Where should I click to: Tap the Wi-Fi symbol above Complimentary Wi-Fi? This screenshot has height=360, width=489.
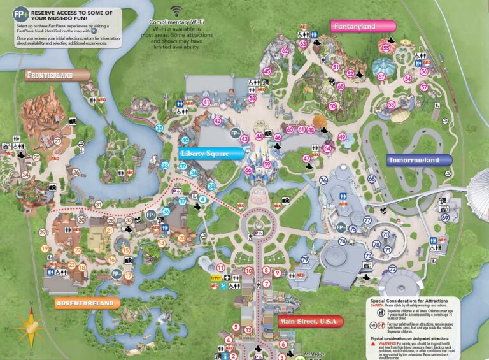176,11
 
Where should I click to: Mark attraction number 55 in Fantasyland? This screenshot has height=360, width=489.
386,48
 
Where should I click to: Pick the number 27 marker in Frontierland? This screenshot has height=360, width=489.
57,141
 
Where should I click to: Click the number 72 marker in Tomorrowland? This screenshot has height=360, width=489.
392,270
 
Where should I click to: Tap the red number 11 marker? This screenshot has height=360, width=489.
221,268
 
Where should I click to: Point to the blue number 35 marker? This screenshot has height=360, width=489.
159,128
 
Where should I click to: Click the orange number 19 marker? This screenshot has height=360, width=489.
45,248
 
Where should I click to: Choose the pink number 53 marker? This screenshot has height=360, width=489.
391,104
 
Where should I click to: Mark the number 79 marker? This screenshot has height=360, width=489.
305,259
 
